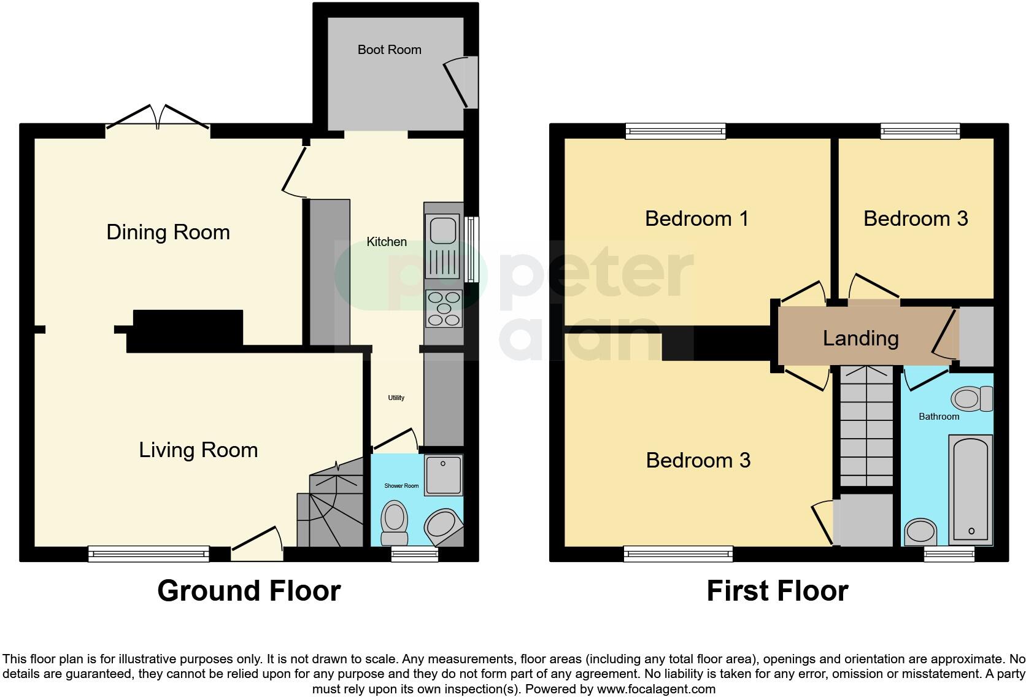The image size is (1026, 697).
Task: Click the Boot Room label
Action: [x=389, y=50]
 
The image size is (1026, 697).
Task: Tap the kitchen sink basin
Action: [x=442, y=230]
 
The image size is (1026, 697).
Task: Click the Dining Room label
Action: [x=168, y=233]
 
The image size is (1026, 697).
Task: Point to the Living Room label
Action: [x=198, y=450]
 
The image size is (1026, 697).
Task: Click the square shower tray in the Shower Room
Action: [x=443, y=474]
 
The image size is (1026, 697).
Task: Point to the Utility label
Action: [x=396, y=398]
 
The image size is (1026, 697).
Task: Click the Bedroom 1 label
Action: [x=696, y=219]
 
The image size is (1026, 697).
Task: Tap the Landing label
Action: [x=860, y=338]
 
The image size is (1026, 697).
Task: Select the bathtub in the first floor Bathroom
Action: [x=970, y=489]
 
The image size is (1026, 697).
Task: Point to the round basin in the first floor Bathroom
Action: [x=921, y=531]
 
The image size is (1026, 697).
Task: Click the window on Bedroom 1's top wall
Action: [x=676, y=131]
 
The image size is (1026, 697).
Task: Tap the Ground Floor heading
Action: [x=249, y=591]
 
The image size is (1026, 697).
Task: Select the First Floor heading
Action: [x=777, y=591]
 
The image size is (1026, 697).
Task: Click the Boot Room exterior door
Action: [x=461, y=82]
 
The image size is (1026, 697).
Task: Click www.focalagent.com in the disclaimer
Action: [x=655, y=689]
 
